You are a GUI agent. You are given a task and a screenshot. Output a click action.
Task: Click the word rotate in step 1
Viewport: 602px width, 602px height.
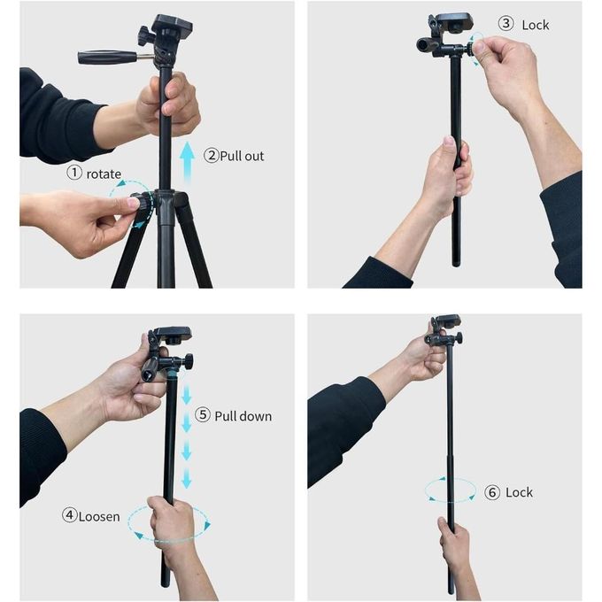[x=104, y=174]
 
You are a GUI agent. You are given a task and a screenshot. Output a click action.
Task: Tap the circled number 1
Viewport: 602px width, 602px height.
[x=74, y=173]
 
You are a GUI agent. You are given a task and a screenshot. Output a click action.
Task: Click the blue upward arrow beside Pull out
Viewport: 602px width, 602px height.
[x=187, y=162]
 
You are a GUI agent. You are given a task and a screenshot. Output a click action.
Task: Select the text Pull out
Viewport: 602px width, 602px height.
[x=242, y=156]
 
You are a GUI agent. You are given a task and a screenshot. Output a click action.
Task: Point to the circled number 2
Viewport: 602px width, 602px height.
[x=212, y=155]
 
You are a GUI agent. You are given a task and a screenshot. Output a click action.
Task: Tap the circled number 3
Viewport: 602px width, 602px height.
[x=506, y=23]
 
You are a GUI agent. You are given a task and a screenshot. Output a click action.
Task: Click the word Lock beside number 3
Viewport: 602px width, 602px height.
[x=536, y=25]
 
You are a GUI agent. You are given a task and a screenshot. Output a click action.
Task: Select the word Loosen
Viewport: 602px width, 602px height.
[x=99, y=516]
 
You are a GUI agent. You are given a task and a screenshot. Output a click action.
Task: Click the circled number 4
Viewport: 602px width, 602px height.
[x=69, y=515]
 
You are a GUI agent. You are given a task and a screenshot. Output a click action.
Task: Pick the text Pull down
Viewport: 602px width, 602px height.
[x=243, y=416]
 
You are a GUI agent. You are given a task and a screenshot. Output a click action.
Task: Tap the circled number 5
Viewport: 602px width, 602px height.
[x=203, y=414]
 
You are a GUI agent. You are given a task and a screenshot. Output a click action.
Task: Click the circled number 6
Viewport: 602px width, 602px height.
[x=492, y=492]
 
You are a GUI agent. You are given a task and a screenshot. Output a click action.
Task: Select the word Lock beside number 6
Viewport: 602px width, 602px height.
[x=519, y=492]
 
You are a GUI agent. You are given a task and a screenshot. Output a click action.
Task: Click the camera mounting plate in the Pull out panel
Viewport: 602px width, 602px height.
[x=173, y=23]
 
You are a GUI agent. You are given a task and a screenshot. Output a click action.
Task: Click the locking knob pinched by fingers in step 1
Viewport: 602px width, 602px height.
[x=141, y=203]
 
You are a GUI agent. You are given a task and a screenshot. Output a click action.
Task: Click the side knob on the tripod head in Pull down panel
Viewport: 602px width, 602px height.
[x=188, y=361]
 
